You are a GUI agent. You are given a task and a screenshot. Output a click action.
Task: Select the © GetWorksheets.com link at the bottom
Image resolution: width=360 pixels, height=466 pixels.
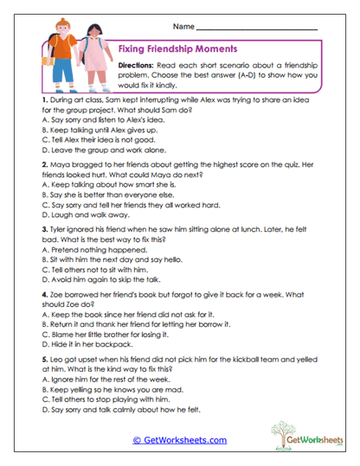[180, 440]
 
